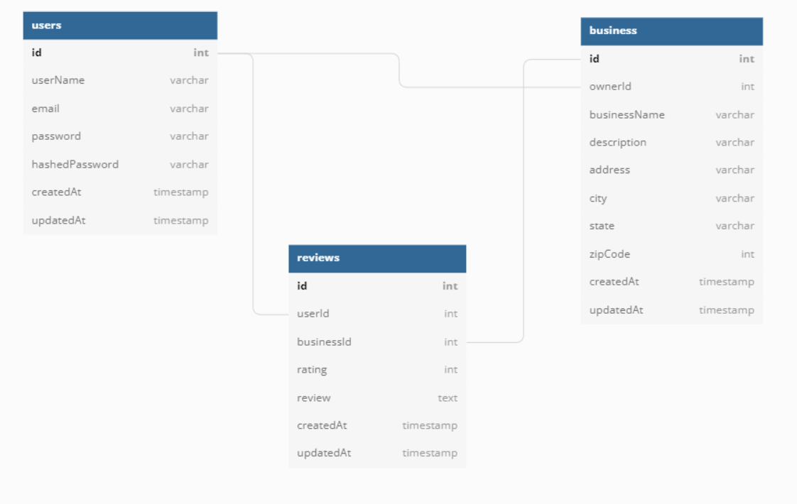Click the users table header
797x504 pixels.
click(120, 26)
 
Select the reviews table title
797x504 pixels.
click(318, 258)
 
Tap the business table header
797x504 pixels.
click(671, 31)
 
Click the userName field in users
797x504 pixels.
click(58, 80)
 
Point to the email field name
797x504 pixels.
click(45, 108)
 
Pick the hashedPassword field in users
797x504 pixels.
click(75, 164)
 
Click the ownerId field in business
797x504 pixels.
click(610, 87)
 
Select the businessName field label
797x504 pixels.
click(627, 115)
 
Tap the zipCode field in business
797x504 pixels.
click(609, 254)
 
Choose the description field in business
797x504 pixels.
click(617, 142)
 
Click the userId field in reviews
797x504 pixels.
click(313, 314)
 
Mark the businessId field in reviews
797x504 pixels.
click(324, 342)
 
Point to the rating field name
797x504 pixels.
click(312, 370)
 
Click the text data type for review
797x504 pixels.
click(448, 398)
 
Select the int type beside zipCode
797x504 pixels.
click(747, 254)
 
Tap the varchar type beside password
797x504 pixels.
click(189, 136)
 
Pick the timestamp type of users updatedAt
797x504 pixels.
click(181, 221)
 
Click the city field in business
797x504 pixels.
click(598, 198)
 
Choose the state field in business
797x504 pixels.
click(602, 226)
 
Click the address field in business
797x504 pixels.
click(609, 170)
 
